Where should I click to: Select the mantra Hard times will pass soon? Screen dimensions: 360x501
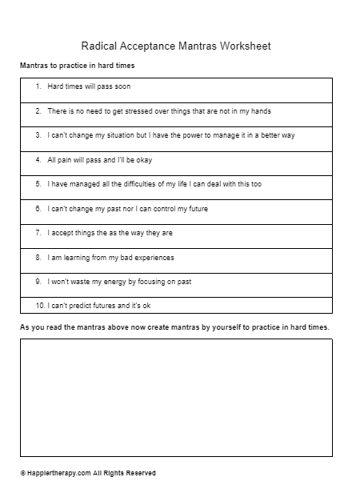tap(88, 86)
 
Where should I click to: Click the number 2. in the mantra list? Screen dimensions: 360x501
tap(38, 111)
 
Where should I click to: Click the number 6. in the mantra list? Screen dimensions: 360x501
tap(38, 209)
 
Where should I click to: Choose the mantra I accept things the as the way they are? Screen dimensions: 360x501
tap(110, 233)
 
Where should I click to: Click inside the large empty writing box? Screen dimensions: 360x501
tap(176, 397)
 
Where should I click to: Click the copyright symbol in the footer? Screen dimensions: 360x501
tap(23, 473)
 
